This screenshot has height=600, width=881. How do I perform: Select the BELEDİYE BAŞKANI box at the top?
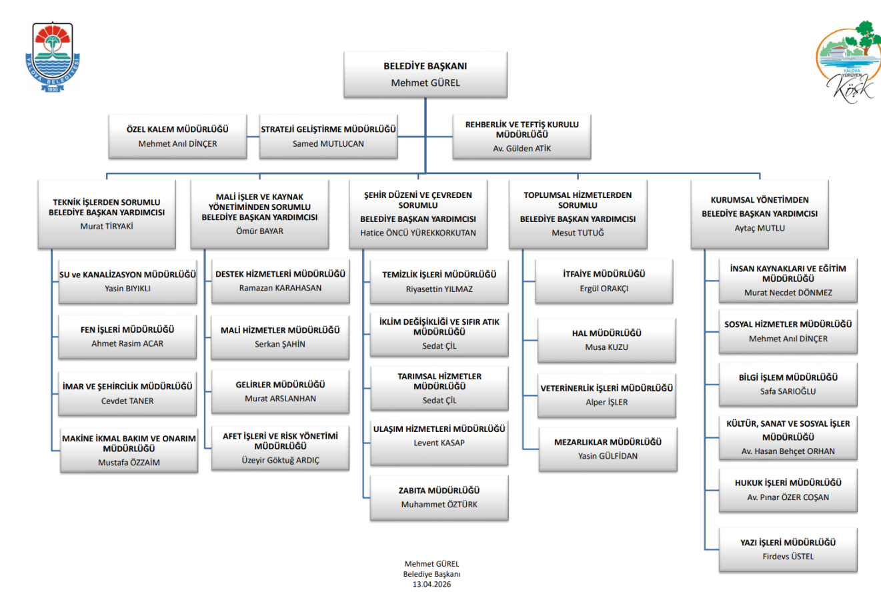[x=425, y=75]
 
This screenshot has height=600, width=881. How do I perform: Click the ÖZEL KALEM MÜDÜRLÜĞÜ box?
[x=177, y=136]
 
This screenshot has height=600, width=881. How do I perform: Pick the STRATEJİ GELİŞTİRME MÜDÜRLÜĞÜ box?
[x=328, y=136]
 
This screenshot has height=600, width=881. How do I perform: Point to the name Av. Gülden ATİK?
[x=522, y=149]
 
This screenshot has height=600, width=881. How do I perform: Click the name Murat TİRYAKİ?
[x=107, y=226]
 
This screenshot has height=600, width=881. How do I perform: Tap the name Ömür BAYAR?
[x=259, y=231]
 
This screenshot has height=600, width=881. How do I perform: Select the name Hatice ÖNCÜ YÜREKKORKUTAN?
[x=418, y=233]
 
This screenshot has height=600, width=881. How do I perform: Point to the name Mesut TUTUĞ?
[x=578, y=233]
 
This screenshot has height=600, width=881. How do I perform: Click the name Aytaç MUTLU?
[x=760, y=228]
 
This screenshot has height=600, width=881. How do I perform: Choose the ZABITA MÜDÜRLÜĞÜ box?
[x=439, y=497]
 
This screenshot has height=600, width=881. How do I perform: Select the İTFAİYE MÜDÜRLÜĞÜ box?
[x=604, y=281]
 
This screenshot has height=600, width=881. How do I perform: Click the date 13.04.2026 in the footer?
[x=431, y=584]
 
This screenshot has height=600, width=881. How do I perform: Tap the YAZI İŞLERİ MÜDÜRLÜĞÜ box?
[x=788, y=549]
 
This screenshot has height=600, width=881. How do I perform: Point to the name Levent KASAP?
[x=439, y=443]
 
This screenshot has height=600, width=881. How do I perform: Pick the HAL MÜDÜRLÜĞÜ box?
[x=607, y=340]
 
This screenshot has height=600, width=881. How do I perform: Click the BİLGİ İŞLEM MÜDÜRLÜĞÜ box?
[x=788, y=384]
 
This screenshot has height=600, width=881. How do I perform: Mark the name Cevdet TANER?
[x=127, y=401]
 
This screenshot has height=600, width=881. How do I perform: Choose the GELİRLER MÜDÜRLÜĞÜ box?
[x=280, y=391]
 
